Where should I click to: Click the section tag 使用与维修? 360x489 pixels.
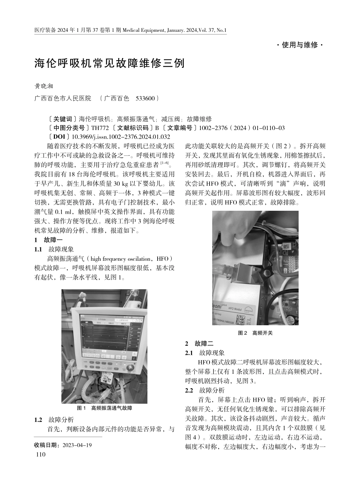click(x=299, y=45)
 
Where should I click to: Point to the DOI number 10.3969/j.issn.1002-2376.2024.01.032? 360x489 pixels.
click(x=121, y=137)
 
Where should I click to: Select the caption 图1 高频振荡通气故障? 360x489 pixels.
click(x=104, y=408)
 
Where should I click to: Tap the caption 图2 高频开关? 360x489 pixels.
click(x=255, y=333)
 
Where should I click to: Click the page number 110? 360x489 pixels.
click(x=40, y=455)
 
